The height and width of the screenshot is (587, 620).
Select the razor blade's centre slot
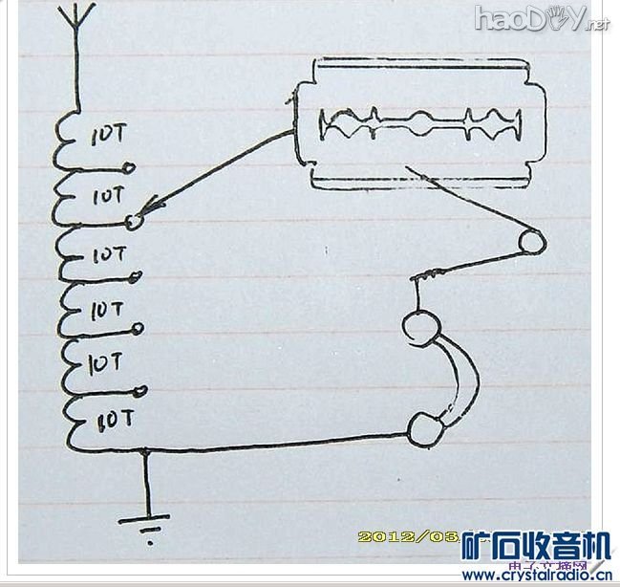[x=421, y=124]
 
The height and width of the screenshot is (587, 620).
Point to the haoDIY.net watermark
[x=541, y=19]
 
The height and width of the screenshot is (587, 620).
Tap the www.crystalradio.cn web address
[x=536, y=576]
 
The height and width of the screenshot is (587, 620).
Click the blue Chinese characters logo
[x=536, y=547]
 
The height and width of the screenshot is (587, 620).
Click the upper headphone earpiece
[x=417, y=328]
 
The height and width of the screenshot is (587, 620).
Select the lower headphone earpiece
[x=424, y=428]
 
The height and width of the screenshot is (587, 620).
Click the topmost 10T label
[x=107, y=136]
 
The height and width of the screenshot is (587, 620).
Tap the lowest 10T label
[x=114, y=419]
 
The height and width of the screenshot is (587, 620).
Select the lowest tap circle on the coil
[x=141, y=390]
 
